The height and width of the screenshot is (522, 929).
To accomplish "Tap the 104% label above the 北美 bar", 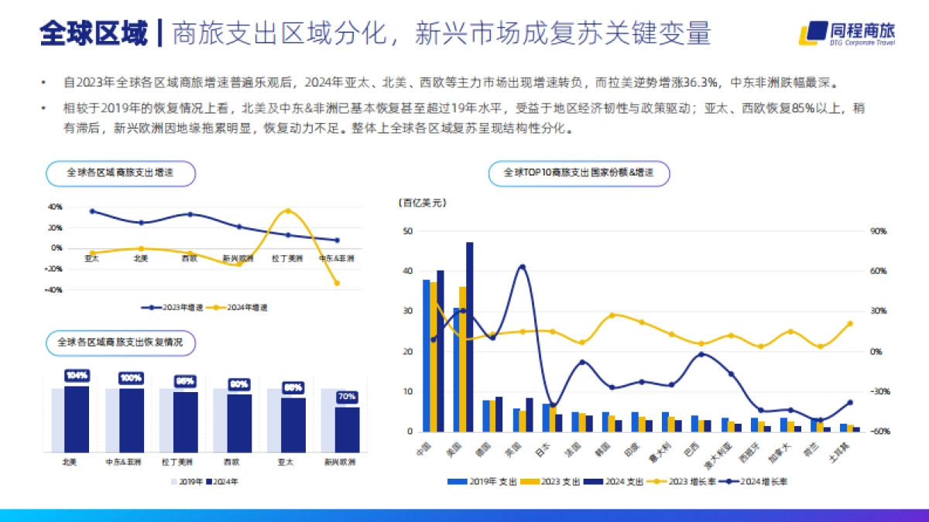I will tap(77, 376).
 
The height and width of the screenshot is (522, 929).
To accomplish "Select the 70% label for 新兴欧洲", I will tap(347, 397).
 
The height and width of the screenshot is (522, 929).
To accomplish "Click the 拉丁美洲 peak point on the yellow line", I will tap(288, 210).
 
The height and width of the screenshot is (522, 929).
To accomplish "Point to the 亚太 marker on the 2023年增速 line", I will tap(92, 211).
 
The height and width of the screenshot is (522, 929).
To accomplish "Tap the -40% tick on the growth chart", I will tap(55, 290).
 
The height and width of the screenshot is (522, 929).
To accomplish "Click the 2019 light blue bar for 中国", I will tap(426, 356).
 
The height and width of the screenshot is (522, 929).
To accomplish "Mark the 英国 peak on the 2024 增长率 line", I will tap(523, 267).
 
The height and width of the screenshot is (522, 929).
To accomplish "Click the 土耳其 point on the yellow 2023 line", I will tap(849, 324).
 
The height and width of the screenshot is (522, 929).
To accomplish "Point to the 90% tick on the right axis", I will tap(878, 231).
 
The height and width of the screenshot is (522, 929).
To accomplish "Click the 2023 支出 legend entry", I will tap(554, 481).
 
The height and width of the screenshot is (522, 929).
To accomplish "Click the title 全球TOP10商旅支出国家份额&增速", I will tap(578, 173).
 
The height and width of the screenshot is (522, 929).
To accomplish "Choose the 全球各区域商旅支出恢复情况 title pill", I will tap(120, 343).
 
